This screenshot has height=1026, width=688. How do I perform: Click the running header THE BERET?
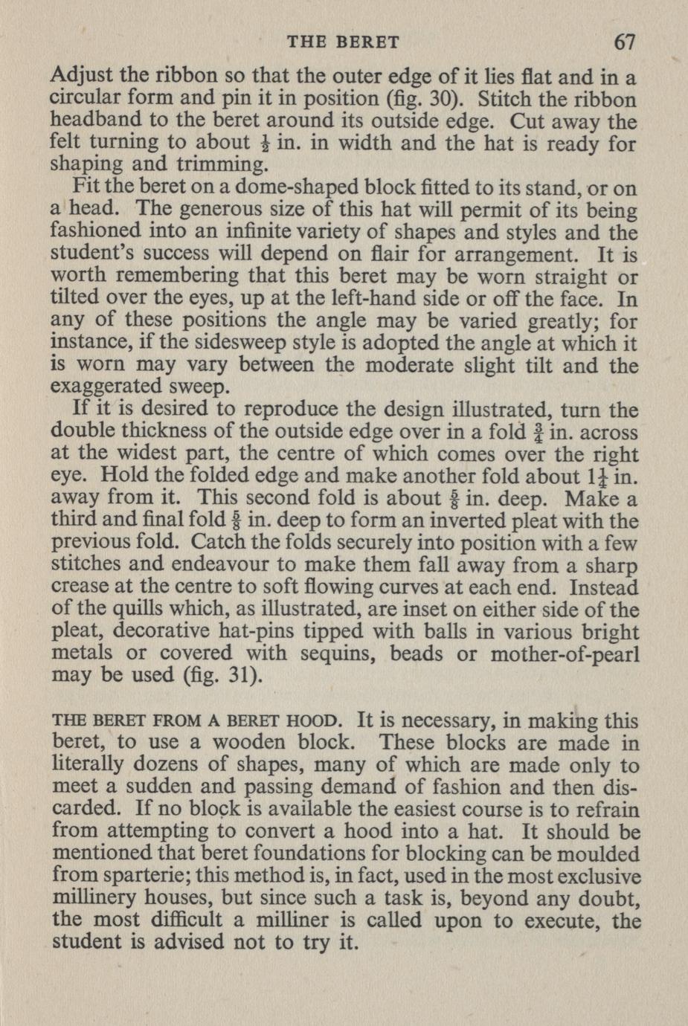(x=343, y=43)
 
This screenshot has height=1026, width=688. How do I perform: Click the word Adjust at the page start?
(x=81, y=77)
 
